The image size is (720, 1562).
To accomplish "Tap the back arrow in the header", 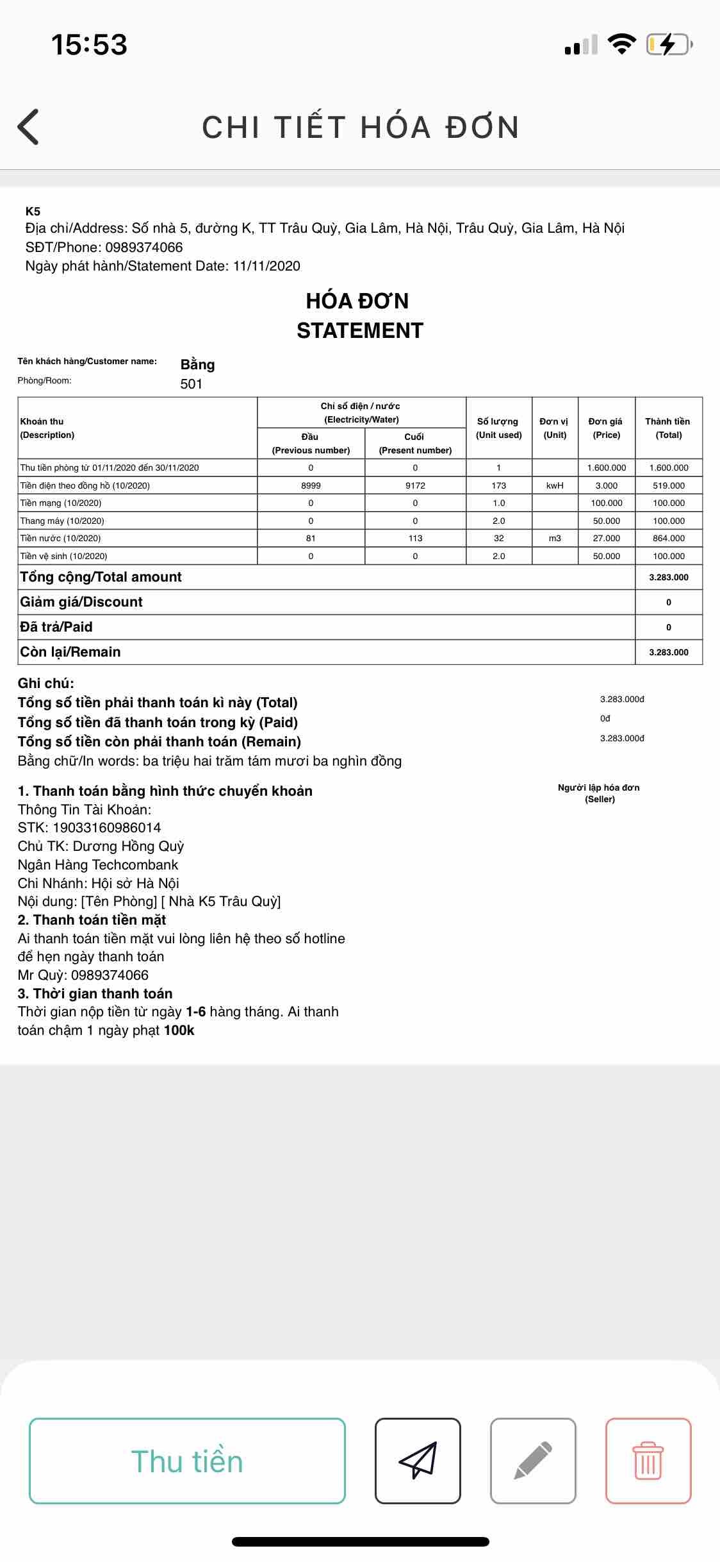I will click(x=29, y=126).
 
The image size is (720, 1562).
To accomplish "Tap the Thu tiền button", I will click(x=187, y=1461).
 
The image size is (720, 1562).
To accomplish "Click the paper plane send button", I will click(x=418, y=1461).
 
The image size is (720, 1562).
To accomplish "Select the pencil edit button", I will click(x=533, y=1461).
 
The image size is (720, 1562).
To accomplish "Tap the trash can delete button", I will click(x=648, y=1461).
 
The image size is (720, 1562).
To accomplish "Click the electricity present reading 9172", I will click(x=415, y=485).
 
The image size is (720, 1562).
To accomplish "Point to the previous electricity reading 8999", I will click(x=311, y=485).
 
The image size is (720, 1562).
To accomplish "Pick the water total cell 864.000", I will click(x=669, y=538).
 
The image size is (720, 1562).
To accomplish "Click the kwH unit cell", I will click(x=555, y=485).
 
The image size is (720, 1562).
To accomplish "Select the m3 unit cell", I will click(x=555, y=538).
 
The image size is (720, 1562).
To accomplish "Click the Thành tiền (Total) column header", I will click(x=668, y=428).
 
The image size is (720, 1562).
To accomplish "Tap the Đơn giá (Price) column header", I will click(x=606, y=428).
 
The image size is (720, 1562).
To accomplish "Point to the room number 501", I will click(x=192, y=384).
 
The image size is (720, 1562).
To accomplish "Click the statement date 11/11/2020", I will click(x=266, y=266).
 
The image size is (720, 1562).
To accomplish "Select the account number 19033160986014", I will click(x=106, y=828).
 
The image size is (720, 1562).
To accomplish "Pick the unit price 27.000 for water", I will click(x=606, y=538).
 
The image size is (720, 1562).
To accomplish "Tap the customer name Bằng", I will click(x=197, y=365).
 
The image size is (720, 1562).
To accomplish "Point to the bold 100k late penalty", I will click(x=179, y=1030).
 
